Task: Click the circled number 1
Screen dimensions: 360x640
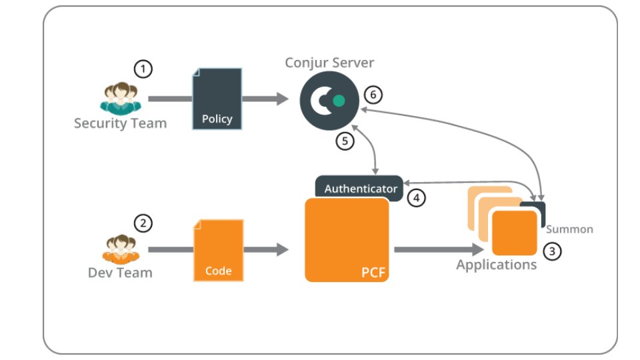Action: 143,69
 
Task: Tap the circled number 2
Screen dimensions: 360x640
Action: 143,223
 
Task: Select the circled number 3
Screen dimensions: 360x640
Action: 552,251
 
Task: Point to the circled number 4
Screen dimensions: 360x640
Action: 417,197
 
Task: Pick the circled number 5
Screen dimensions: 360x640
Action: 345,141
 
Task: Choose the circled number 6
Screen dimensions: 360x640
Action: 373,95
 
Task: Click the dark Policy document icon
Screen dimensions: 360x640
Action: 217,99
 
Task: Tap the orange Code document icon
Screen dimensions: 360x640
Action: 218,250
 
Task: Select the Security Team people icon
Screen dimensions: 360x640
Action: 119,99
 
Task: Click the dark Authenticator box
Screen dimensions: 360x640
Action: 360,187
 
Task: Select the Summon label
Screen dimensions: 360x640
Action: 569,229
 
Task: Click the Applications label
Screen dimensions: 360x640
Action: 496,265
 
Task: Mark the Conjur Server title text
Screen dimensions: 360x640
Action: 329,63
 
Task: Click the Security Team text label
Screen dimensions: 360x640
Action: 120,123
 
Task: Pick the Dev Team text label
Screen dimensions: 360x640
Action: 120,273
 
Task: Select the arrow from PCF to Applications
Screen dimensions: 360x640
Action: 437,250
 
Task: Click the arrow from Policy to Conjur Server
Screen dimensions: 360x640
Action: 265,99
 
